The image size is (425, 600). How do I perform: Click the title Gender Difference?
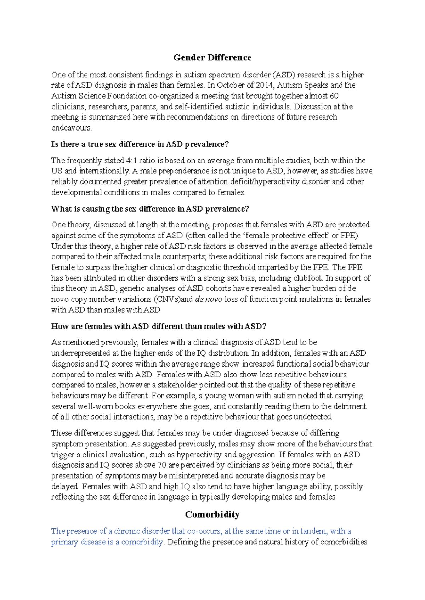[x=212, y=58]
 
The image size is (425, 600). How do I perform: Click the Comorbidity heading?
[x=212, y=514]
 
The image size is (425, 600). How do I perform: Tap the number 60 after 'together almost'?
[x=334, y=96]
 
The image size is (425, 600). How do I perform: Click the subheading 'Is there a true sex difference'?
[x=140, y=144]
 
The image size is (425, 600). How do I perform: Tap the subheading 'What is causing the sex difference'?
[x=150, y=209]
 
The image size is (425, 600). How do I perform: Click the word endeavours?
[x=71, y=128]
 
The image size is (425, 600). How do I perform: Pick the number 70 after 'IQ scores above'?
[x=162, y=465]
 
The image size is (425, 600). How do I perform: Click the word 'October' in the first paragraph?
[x=231, y=85]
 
